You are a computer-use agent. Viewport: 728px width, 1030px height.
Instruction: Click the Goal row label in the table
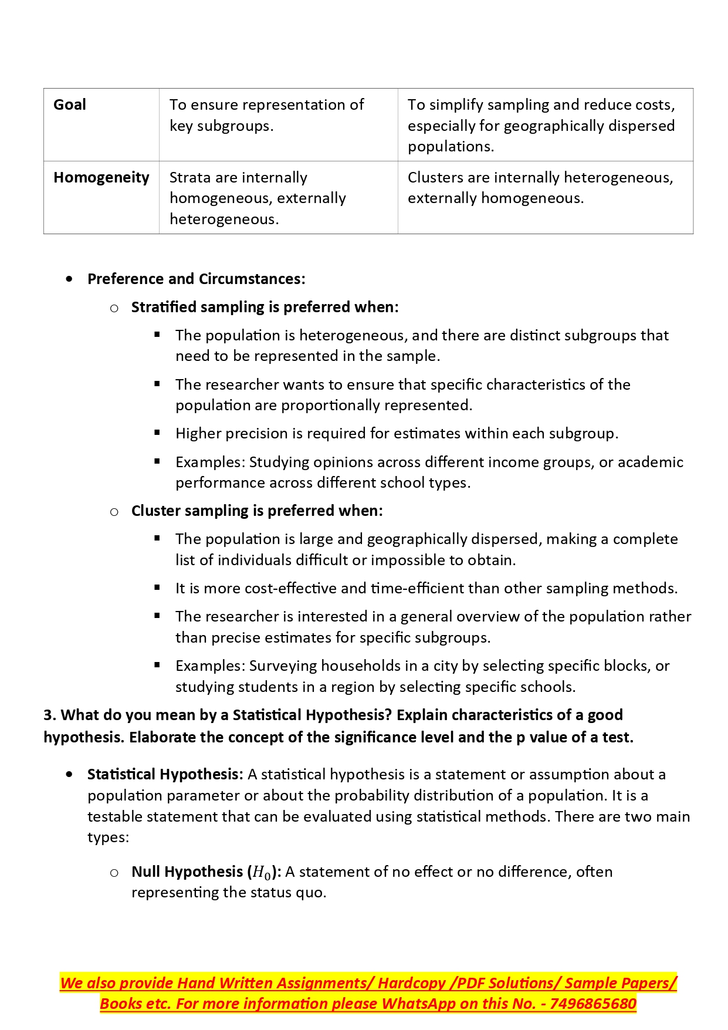pyautogui.click(x=70, y=105)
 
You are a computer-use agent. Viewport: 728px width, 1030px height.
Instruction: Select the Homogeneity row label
pyautogui.click(x=101, y=178)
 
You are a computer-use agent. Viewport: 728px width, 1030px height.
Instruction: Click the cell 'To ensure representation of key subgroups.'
pyautogui.click(x=266, y=115)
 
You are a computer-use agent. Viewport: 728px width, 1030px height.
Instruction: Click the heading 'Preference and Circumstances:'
pyautogui.click(x=196, y=279)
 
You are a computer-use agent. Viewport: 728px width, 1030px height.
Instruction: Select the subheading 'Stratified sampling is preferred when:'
pyautogui.click(x=265, y=307)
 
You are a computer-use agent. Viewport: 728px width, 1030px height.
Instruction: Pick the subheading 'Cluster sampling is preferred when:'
pyautogui.click(x=257, y=511)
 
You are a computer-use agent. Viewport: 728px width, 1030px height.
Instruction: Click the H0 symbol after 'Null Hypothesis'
pyautogui.click(x=262, y=873)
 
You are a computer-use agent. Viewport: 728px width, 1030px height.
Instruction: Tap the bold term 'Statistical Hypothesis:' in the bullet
pyautogui.click(x=165, y=775)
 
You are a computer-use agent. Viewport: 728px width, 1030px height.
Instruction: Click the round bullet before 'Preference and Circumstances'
pyautogui.click(x=70, y=279)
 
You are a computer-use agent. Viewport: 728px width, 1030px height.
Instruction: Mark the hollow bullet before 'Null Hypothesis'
pyautogui.click(x=114, y=873)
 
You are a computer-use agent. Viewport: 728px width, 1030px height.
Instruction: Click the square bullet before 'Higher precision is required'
pyautogui.click(x=157, y=433)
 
